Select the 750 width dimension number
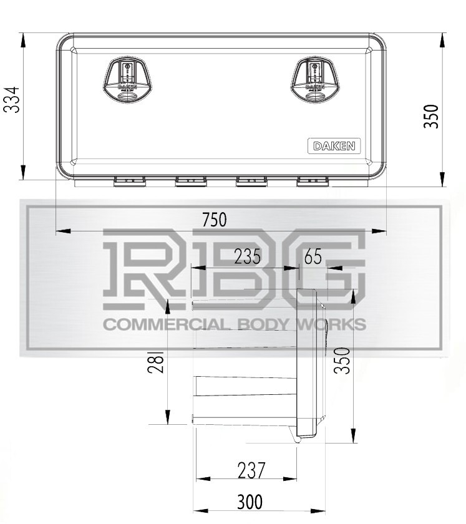pyautogui.click(x=215, y=220)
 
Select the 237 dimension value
pyautogui.click(x=251, y=470)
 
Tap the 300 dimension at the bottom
pyautogui.click(x=250, y=501)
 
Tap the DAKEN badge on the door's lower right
pyautogui.click(x=334, y=146)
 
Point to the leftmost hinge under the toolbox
pyautogui.click(x=130, y=181)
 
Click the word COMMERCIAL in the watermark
pyautogui.click(x=156, y=325)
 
